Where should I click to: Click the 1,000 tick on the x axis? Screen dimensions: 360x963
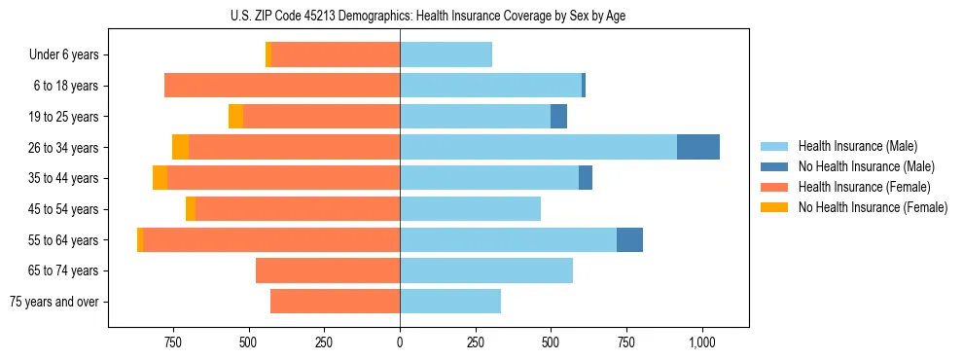click(x=701, y=342)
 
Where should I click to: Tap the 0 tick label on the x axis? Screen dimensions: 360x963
click(x=400, y=342)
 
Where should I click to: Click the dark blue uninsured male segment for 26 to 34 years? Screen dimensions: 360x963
click(x=698, y=147)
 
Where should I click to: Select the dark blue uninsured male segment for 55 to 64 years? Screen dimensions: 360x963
click(x=629, y=239)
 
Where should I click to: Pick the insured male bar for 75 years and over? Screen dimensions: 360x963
click(x=450, y=302)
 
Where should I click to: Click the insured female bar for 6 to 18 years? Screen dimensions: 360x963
click(x=282, y=86)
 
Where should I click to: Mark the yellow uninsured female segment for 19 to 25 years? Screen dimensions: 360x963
click(x=235, y=117)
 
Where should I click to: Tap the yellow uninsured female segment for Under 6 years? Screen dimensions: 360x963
click(x=268, y=55)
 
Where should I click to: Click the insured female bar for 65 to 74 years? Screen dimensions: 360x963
click(x=328, y=270)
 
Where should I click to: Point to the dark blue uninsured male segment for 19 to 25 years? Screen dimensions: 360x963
click(x=558, y=117)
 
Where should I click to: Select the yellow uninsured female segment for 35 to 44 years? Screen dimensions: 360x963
click(x=160, y=178)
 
